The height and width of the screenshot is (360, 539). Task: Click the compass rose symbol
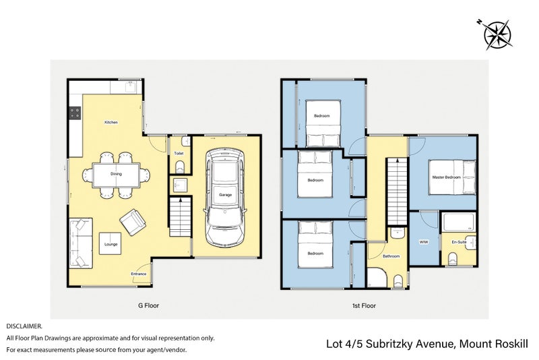pyautogui.click(x=497, y=35)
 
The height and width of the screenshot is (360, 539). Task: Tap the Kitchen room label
pyautogui.click(x=111, y=123)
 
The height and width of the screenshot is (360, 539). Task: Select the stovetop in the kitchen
pyautogui.click(x=75, y=113)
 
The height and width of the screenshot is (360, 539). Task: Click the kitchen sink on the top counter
pyautogui.click(x=129, y=88)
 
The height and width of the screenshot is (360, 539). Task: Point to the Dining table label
pyautogui.click(x=116, y=174)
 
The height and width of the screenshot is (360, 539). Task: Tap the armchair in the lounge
pyautogui.click(x=133, y=222)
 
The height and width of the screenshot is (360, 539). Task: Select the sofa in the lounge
pyautogui.click(x=81, y=243)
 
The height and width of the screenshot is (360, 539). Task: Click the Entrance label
pyautogui.click(x=139, y=274)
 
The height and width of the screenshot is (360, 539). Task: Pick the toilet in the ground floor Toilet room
pyautogui.click(x=180, y=167)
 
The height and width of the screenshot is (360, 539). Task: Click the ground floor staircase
pyautogui.click(x=180, y=216)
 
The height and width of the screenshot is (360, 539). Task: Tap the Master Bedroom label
pyautogui.click(x=446, y=177)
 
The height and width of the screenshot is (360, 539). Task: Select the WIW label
pyautogui.click(x=424, y=242)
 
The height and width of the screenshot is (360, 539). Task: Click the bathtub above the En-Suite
pyautogui.click(x=459, y=222)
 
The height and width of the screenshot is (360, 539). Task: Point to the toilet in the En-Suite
pyautogui.click(x=452, y=260)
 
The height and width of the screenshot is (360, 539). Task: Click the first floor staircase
pyautogui.click(x=397, y=191)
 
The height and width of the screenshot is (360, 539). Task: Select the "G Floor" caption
pyautogui.click(x=148, y=305)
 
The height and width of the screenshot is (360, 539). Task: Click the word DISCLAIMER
pyautogui.click(x=24, y=326)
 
